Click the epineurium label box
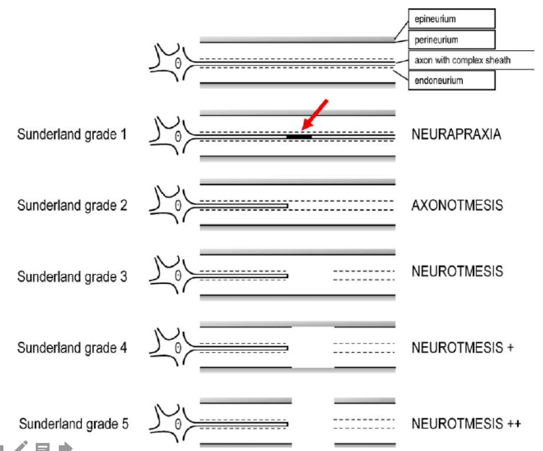coord(451,20)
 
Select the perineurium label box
coord(451,40)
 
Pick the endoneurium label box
coord(451,81)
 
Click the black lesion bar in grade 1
coord(299,137)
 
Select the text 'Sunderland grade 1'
coord(72,135)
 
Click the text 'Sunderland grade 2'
coord(72,206)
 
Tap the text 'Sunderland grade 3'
coord(72,277)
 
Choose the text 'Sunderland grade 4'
coord(72,348)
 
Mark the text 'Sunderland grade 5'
coord(73,425)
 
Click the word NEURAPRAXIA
coord(456,135)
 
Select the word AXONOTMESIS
coord(457,205)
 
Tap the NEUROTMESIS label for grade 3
coord(457,271)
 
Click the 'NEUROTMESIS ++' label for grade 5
coord(466,424)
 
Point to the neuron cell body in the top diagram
coord(173,62)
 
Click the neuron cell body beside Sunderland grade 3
coord(173,276)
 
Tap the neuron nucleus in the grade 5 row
coord(178,425)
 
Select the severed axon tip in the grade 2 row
coord(286,206)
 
